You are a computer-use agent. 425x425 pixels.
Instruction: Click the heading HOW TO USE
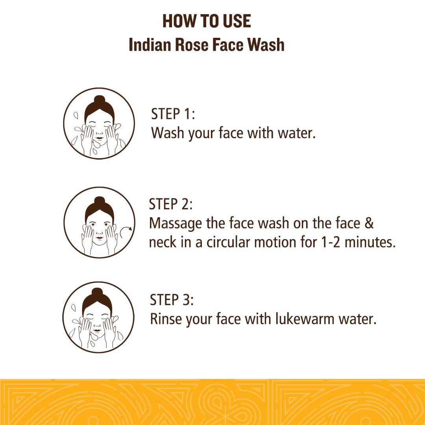[x=207, y=21]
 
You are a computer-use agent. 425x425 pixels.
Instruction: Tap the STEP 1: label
[x=173, y=114]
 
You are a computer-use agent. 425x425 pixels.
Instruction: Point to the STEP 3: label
[x=172, y=300]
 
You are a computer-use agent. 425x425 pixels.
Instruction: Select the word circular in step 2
[x=222, y=242]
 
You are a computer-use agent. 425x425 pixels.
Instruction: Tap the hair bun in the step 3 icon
[x=97, y=293]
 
